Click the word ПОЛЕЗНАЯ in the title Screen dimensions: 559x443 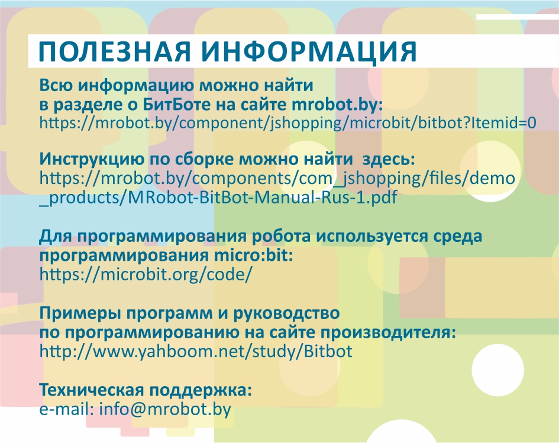point(115,51)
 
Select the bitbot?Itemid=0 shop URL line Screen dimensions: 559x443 point(287,122)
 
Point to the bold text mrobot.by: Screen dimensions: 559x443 point(337,105)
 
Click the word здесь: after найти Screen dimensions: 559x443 point(389,159)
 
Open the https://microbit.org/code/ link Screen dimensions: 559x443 point(146,274)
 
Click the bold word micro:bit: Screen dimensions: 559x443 point(254,255)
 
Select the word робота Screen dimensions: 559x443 point(282,237)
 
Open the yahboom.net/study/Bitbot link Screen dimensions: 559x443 point(196,351)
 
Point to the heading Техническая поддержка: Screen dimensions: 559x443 point(146,390)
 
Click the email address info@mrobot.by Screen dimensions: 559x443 point(165,409)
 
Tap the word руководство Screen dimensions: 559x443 point(286,313)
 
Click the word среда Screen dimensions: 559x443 point(458,237)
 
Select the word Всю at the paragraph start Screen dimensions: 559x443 point(56,86)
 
